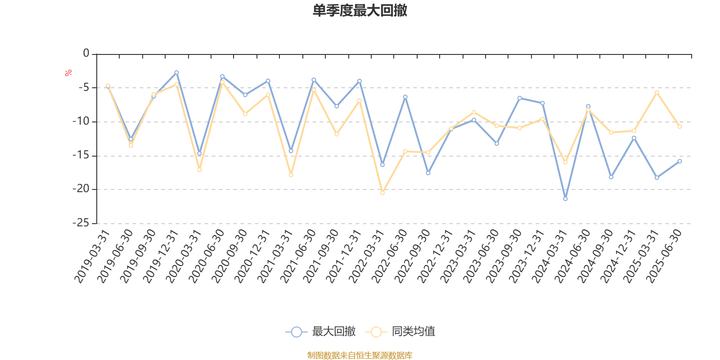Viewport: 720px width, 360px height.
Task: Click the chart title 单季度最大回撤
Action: coord(360,11)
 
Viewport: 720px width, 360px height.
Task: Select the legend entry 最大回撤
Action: coord(320,332)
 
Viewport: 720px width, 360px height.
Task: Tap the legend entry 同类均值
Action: coord(400,332)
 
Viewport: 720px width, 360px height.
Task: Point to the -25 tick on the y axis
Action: coord(81,223)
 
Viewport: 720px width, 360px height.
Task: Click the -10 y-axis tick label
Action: coord(81,121)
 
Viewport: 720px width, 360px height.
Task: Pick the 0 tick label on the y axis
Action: coord(86,54)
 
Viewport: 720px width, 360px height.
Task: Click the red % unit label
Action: coord(68,73)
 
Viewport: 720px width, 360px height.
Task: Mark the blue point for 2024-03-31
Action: coord(565,199)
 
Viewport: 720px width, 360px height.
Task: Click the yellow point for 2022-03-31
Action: coord(382,193)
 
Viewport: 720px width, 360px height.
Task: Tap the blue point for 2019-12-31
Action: coord(176,72)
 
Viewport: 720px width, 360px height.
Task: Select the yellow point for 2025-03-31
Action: coord(657,92)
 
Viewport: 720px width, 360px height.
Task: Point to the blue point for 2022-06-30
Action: coord(405,97)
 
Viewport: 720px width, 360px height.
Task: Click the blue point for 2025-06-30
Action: coord(679,161)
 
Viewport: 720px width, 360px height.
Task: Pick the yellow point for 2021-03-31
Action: coord(291,175)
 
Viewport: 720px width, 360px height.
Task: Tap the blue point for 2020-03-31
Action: coord(199,153)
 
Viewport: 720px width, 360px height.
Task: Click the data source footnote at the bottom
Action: coord(360,355)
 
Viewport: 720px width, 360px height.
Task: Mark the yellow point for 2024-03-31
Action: coord(565,162)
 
